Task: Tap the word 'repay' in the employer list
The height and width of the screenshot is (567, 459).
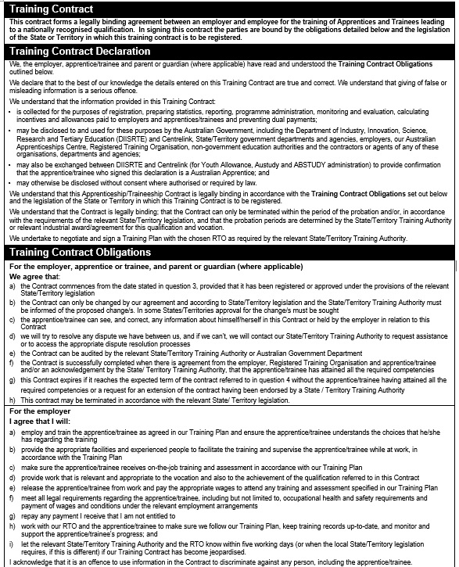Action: point(30,517)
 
